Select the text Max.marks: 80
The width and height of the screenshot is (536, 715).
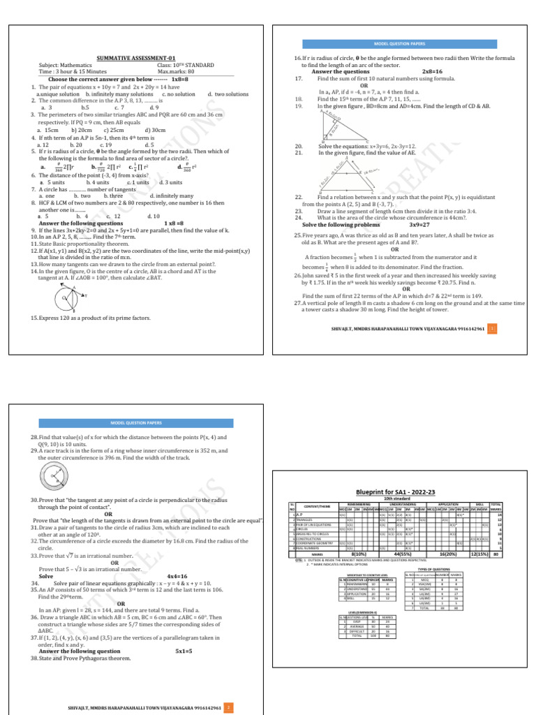(x=176, y=72)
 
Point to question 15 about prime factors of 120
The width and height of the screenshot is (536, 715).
(x=90, y=318)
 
